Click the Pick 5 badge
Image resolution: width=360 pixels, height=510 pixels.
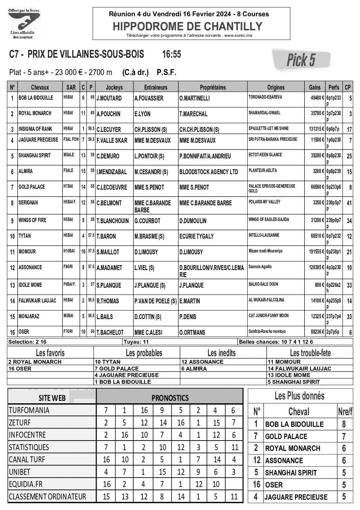coord(301,60)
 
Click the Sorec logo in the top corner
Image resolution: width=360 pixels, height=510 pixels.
coord(24,24)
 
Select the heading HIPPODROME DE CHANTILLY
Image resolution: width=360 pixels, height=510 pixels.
coord(188,26)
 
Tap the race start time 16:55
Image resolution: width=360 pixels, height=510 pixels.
coord(171,54)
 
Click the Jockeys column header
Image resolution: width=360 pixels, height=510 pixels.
coord(114,87)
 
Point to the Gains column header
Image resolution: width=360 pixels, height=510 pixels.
coord(315,87)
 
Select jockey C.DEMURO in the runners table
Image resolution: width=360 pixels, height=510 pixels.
coord(108,156)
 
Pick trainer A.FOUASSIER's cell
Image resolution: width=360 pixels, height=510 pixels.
coord(149,98)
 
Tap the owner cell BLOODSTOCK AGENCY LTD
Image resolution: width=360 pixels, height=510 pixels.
coord(209,172)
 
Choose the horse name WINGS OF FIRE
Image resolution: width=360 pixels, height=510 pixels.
coord(32,220)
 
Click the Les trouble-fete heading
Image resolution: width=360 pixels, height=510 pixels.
coord(310,353)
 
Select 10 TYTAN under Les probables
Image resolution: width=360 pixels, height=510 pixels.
coord(107,362)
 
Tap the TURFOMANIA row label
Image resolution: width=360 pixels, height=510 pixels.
coord(29,410)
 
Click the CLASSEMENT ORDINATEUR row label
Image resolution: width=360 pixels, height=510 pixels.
coord(47,497)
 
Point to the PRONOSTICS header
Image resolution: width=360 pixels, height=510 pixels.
coord(170,398)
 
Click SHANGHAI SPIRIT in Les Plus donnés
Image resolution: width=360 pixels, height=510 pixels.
coord(291,473)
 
